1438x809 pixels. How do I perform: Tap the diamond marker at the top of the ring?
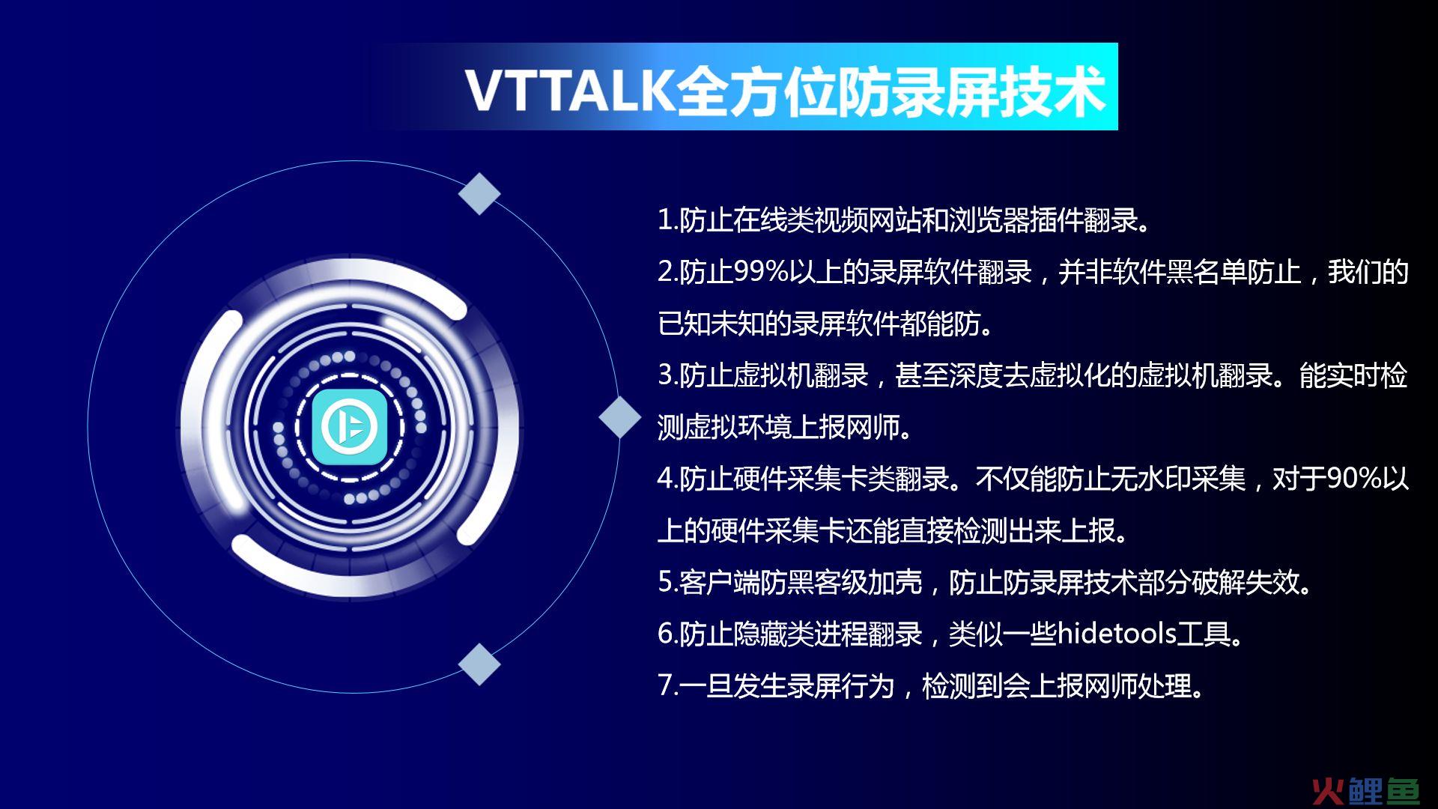pos(479,193)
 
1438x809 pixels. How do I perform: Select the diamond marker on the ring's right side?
pos(620,416)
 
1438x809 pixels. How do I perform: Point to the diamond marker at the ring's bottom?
pos(479,664)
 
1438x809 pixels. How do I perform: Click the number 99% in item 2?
pos(760,272)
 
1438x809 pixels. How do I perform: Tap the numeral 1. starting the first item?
pos(668,220)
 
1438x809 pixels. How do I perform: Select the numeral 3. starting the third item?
pos(668,375)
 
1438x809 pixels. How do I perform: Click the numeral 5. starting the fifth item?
pos(668,582)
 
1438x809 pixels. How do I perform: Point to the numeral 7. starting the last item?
pos(668,685)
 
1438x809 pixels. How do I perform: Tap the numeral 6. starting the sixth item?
pos(668,634)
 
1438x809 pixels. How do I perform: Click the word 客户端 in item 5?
pos(720,582)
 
